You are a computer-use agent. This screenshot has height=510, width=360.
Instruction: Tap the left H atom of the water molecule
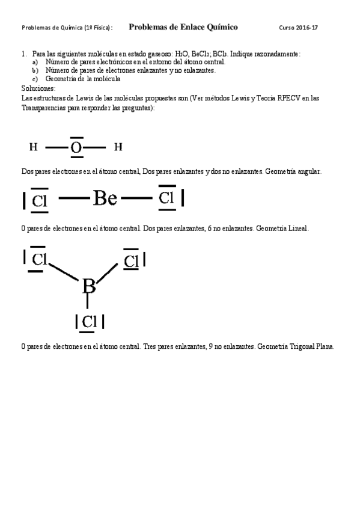pos(34,147)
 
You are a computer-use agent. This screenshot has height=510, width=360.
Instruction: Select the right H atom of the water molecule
pos(118,147)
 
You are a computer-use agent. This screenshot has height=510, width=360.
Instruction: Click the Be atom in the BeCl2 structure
pos(105,198)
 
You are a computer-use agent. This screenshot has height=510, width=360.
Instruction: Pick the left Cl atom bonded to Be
pos(40,200)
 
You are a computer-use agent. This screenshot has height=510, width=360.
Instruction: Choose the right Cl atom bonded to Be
pos(166,198)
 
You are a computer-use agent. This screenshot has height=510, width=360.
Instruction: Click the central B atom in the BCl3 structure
pos(89,286)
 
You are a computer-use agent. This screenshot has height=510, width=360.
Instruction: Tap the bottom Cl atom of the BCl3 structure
pos(89,322)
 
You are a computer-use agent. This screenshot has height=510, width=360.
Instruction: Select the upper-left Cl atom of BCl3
pos(39,259)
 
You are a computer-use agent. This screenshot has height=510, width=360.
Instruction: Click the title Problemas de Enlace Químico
pos(183,27)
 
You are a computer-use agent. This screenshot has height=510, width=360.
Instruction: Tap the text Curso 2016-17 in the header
pos(299,28)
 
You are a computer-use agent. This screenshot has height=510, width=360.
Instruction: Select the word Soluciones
pos(38,88)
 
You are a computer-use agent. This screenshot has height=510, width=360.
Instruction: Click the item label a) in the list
pos(35,62)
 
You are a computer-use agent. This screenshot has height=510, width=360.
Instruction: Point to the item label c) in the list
pos(35,79)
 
